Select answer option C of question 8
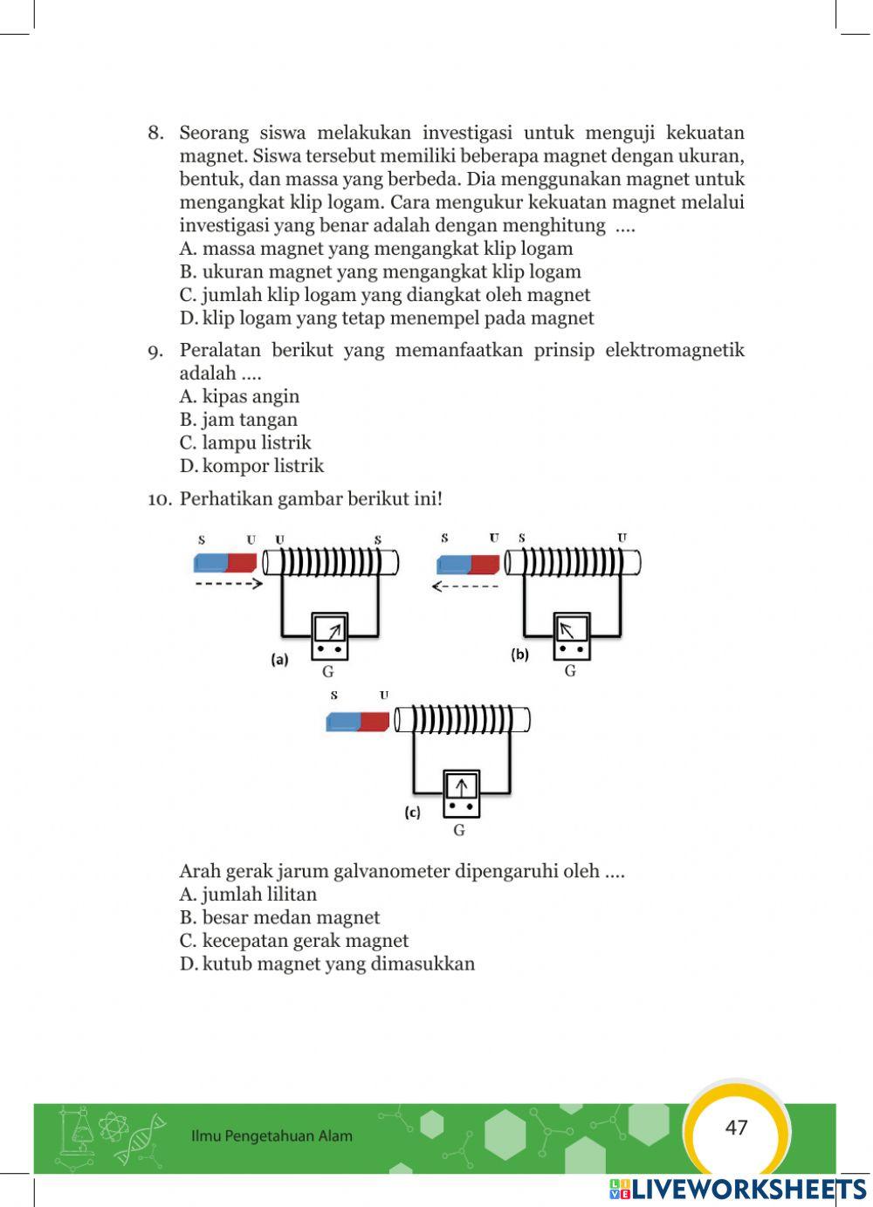click(385, 295)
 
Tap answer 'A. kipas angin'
click(239, 396)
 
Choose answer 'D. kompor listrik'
click(251, 466)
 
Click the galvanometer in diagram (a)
click(329, 636)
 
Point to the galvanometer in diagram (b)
click(571, 636)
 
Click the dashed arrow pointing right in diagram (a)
click(228, 585)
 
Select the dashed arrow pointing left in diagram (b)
click(466, 586)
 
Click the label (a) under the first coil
click(279, 660)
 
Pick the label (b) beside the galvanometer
click(520, 654)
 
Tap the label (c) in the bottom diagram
click(412, 812)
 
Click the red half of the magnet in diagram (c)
click(374, 722)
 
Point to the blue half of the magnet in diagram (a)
click(210, 563)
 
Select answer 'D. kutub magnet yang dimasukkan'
click(327, 964)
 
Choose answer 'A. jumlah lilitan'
click(248, 895)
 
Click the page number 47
click(736, 1128)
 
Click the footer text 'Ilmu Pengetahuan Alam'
click(272, 1136)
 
